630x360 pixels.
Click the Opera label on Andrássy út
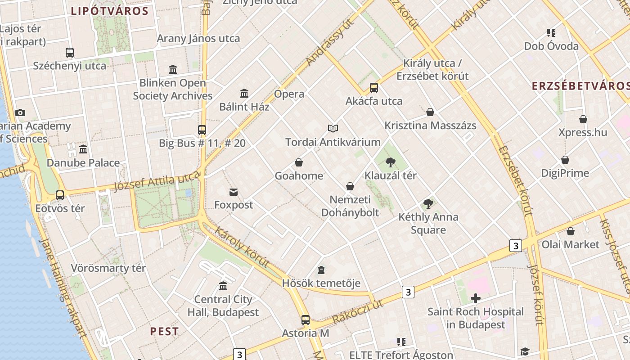289,94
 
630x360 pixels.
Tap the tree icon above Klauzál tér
391,162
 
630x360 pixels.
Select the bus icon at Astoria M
306,320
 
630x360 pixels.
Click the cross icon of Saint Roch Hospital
476,298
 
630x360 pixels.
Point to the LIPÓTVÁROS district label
110,11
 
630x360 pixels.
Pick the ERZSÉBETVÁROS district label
580,86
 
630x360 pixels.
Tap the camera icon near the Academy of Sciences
20,113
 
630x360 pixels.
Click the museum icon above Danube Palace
83,149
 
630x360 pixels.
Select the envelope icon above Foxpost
234,192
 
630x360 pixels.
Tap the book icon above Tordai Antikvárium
333,129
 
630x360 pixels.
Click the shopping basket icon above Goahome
299,162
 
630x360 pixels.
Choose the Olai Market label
571,244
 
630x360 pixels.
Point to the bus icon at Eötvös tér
60,195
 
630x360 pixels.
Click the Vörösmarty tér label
108,269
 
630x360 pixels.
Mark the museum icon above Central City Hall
223,286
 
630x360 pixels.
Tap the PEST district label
164,332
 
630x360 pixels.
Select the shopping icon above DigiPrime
565,160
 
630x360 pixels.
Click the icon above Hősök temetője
321,270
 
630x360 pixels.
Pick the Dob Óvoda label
551,46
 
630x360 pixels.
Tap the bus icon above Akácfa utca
374,88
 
